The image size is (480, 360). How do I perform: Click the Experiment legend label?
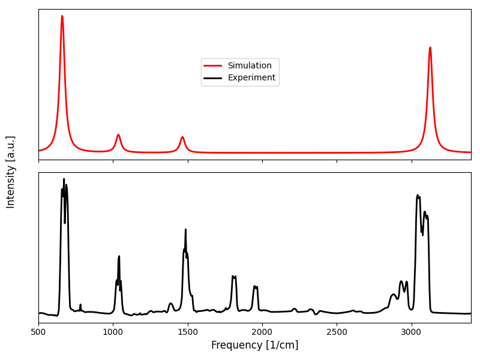(x=251, y=78)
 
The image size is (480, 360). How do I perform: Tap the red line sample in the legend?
(x=213, y=66)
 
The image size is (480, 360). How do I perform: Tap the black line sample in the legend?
(x=213, y=78)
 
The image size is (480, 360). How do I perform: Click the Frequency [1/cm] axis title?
(x=254, y=345)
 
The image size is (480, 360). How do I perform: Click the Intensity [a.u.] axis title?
(x=11, y=172)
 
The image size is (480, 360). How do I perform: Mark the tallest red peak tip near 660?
(x=62, y=16)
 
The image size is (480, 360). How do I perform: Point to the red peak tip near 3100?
(x=430, y=47)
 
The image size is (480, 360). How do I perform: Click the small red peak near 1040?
(x=118, y=134)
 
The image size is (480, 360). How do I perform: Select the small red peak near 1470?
(x=182, y=137)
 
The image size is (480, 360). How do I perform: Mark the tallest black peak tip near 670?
(x=64, y=179)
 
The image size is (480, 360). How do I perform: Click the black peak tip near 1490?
(x=185, y=229)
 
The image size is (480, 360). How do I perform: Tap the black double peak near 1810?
(x=234, y=277)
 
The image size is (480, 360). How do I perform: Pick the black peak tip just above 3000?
(x=418, y=195)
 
